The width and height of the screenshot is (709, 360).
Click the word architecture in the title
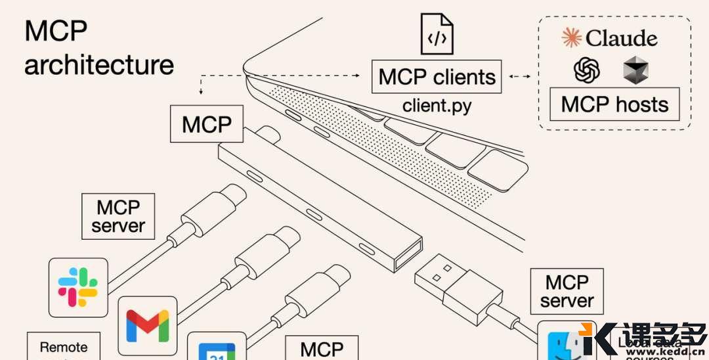coord(99,65)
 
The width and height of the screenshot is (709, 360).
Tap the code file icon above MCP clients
coord(437,34)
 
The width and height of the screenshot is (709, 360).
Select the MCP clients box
coord(437,77)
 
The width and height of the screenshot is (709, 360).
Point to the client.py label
coord(437,105)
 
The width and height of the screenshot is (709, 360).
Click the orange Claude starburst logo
coord(571,38)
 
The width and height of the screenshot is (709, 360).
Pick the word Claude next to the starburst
coord(621,38)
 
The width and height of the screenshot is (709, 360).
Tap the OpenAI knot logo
coord(587,70)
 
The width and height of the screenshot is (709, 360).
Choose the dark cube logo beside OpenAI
coord(635,70)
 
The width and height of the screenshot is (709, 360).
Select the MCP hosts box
coord(614,104)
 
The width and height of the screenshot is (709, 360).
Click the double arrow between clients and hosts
coord(519,77)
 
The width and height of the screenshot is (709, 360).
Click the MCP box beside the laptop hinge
coord(207,124)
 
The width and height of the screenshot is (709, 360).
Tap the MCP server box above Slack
coord(118,216)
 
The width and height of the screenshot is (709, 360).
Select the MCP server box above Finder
coord(567,291)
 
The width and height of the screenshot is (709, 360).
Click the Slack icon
coord(78,288)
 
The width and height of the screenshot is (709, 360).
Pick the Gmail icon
coord(148,325)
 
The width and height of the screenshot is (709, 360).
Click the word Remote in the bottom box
coord(63,347)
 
